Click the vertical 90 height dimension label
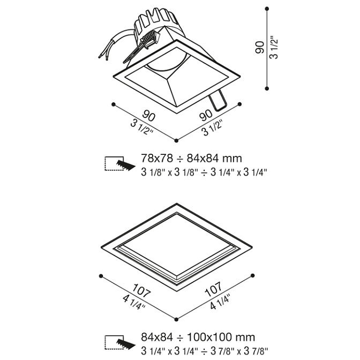260,47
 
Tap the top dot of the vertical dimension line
267,9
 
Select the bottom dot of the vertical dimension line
267,88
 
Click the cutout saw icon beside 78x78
119,164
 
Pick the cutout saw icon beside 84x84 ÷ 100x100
119,343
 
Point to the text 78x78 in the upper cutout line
157,158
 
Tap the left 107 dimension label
142,291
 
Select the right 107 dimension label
214,289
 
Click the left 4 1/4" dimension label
134,302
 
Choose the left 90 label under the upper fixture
149,116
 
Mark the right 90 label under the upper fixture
206,115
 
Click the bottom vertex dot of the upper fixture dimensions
176,140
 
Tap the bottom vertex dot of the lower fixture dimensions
176,319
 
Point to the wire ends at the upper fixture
103,56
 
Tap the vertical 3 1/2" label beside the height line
274,48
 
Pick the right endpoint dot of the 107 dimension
252,275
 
